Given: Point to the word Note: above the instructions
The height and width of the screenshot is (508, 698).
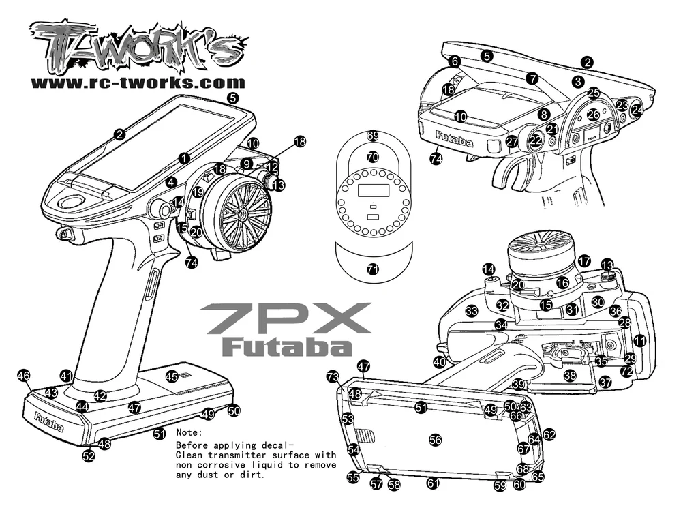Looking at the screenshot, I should pos(189,433).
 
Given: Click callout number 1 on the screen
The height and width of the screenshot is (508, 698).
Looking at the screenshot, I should pos(184,158).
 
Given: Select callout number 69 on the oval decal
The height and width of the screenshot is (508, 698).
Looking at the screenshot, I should pos(372,136).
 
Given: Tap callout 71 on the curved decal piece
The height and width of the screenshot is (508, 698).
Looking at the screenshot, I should pos(372,269).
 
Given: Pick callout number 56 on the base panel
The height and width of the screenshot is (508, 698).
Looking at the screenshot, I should pos(435,440).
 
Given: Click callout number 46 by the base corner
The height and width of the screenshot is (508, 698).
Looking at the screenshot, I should pos(24,376).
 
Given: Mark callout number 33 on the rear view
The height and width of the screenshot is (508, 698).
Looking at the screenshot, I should pos(471,311).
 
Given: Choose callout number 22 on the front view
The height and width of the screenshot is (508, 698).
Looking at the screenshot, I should pos(536,140).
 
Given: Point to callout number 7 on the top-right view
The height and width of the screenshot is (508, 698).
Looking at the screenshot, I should pos(532,78).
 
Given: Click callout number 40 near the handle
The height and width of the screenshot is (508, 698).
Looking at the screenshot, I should pos(439,362).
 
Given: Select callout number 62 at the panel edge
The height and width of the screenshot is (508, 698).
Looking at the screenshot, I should pos(549,434).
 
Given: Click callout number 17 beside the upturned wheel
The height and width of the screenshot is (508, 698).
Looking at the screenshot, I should pos(584,261).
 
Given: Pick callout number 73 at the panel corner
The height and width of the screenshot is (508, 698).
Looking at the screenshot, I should pos(332,376).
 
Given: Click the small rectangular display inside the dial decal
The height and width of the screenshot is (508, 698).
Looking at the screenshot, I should pos(372,191).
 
